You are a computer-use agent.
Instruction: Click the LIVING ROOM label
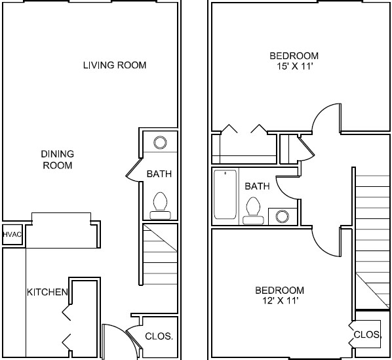point(114,65)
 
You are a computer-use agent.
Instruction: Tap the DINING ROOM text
point(58,159)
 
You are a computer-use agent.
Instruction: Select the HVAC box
point(12,234)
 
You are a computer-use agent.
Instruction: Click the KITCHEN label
point(47,291)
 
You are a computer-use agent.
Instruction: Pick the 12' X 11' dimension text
point(280,301)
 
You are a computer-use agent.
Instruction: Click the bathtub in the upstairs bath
point(225,194)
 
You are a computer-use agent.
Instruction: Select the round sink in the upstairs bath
point(283,216)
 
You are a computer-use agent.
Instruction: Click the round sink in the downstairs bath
point(160,142)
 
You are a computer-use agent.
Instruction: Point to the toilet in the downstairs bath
point(160,204)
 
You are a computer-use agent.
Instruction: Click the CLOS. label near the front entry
point(158,336)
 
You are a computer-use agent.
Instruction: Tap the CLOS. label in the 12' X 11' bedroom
point(367,334)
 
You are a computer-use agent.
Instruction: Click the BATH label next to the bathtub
point(257,186)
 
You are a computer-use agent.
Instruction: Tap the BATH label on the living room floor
point(159,174)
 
